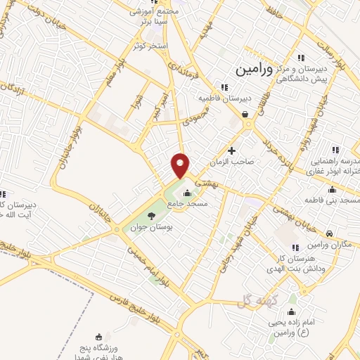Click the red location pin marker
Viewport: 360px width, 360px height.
point(181,165)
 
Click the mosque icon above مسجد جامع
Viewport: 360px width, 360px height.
point(187,194)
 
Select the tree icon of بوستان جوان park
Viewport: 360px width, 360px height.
point(151,216)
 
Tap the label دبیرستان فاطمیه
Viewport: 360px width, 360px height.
point(224,98)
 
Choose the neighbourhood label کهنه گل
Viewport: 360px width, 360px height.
point(254,300)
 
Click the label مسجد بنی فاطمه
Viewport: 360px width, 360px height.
point(332,202)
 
